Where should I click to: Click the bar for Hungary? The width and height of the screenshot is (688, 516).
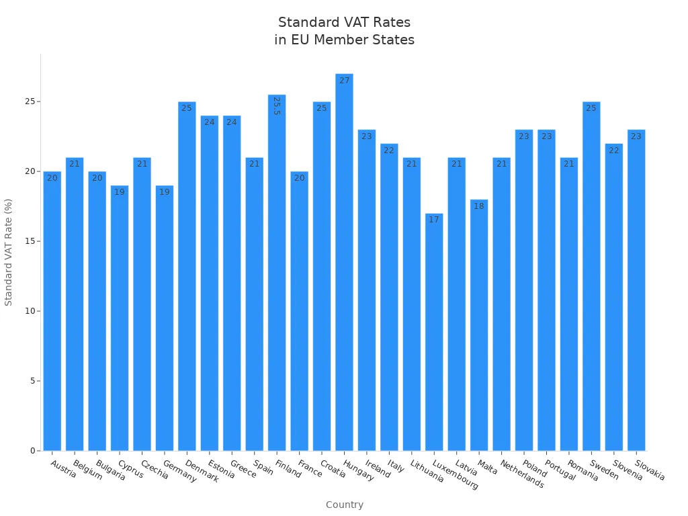344,262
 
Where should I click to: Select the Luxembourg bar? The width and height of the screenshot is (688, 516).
434,332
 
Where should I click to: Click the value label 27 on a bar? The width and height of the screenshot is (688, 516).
344,81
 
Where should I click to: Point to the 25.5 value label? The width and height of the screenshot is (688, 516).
277,106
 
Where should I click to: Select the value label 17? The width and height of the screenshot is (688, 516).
434,220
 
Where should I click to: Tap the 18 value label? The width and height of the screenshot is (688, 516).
479,206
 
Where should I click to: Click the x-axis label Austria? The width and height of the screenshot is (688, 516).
63,469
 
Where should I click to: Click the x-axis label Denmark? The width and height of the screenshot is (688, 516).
202,472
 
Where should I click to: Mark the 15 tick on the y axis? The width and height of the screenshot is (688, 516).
30,241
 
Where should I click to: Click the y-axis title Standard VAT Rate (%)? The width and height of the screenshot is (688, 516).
9,252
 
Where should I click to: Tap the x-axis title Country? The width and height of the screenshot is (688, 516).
344,505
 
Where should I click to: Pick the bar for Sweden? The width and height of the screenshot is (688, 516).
591,275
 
